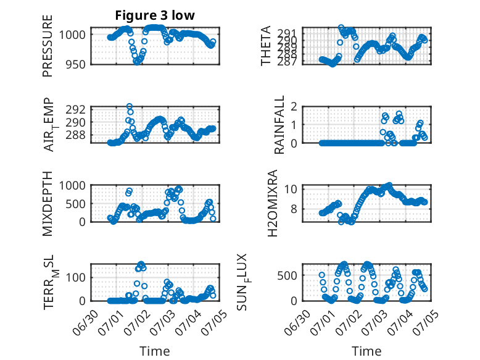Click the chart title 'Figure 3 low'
click(155, 15)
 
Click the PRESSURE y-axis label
click(48, 46)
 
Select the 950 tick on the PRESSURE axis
click(76, 64)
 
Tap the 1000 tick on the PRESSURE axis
click(72, 35)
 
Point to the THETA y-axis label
click(266, 46)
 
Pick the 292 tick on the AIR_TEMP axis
click(76, 109)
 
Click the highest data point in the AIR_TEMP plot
click(130, 106)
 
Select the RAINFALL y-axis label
click(280, 125)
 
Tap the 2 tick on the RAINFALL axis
click(294, 107)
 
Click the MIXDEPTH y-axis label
click(48, 203)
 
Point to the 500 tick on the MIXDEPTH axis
click(76, 203)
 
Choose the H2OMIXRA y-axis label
click(272, 203)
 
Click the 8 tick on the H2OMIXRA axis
click(294, 209)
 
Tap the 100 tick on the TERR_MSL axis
click(76, 278)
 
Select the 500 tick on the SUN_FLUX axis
click(288, 275)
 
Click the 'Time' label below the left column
click(155, 351)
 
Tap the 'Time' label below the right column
click(366, 351)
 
